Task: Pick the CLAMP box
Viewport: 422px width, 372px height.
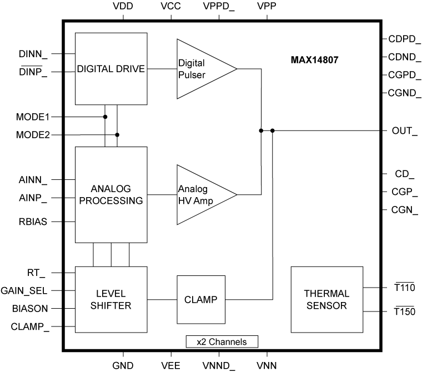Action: point(201,299)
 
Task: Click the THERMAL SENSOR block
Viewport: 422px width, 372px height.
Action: point(326,299)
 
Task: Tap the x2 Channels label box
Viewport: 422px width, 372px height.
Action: point(222,341)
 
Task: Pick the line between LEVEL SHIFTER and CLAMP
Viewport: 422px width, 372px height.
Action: point(162,299)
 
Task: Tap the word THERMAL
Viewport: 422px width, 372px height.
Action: point(326,294)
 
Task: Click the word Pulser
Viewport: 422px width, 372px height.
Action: point(190,74)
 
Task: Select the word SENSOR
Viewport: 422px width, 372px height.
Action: point(326,305)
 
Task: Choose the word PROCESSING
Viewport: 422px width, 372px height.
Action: point(111,200)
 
